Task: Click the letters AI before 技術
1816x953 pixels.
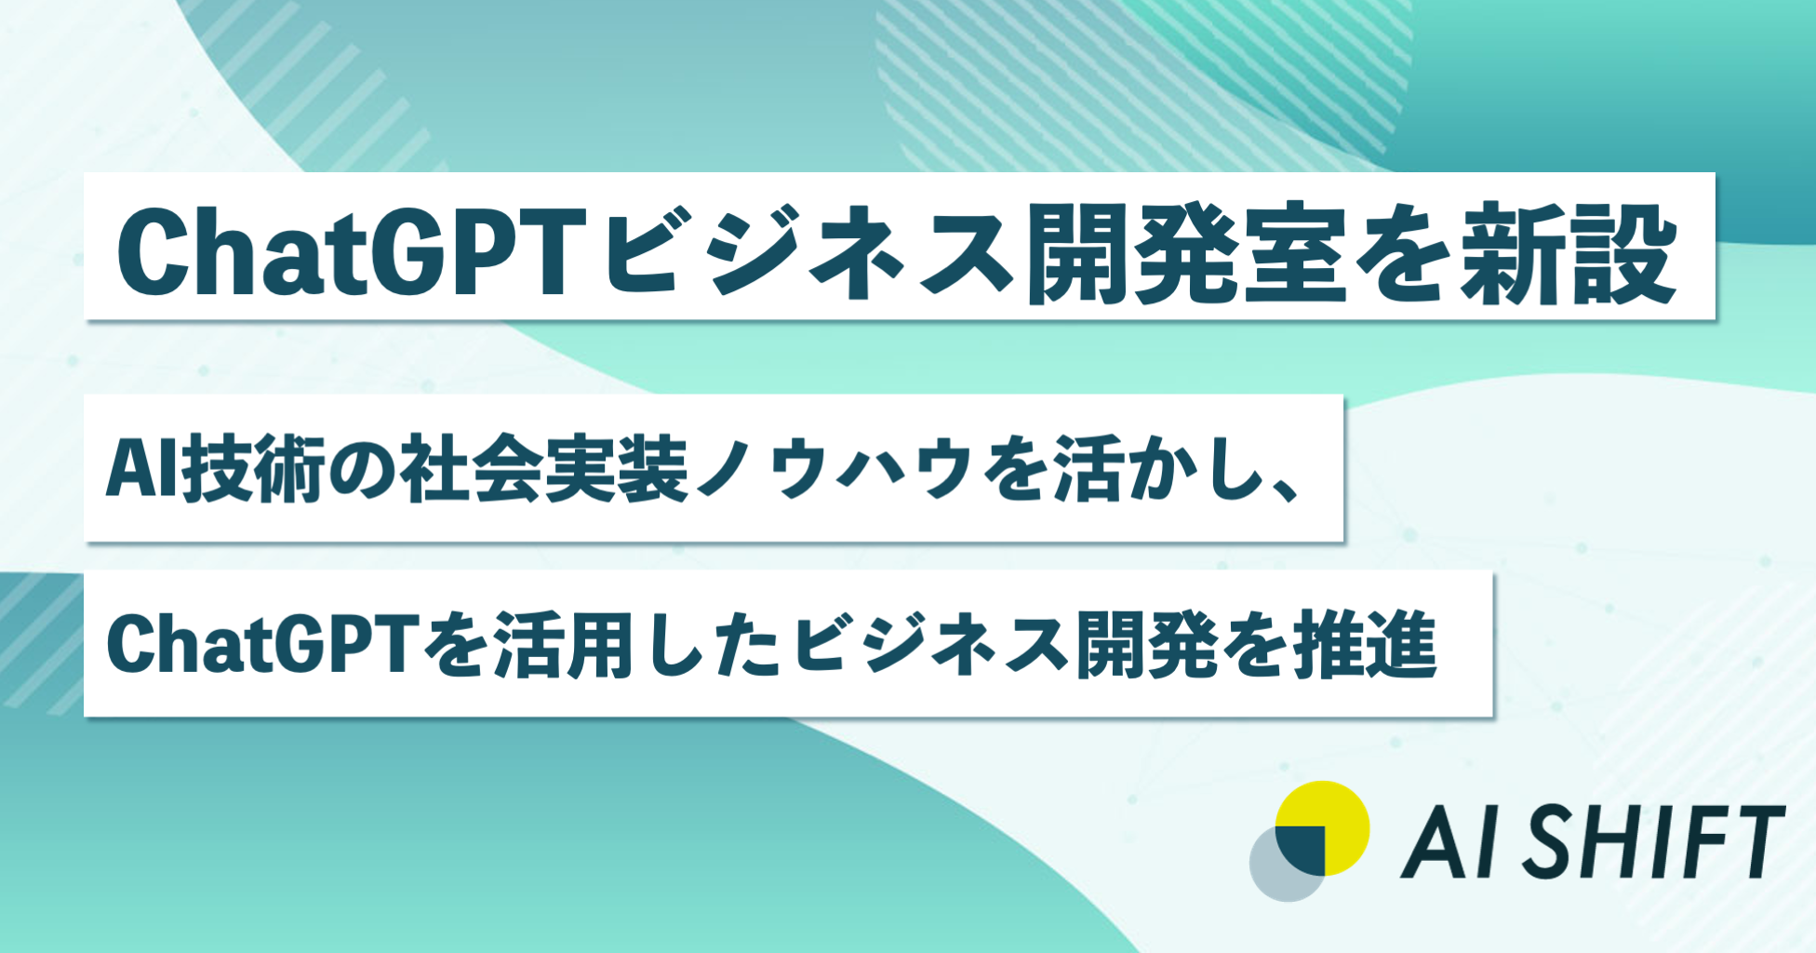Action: coord(141,468)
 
